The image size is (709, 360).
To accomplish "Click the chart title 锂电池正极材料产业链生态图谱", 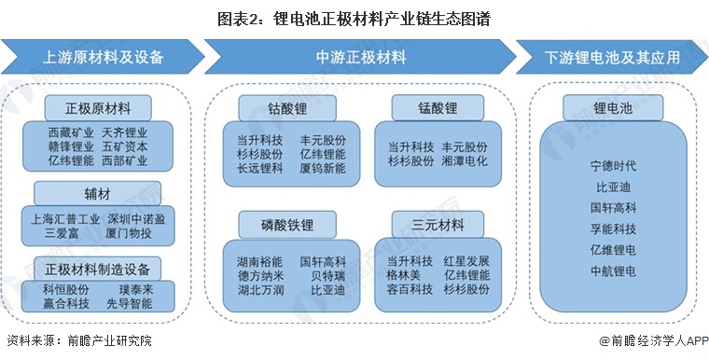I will [354, 18].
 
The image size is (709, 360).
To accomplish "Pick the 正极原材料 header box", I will [99, 103].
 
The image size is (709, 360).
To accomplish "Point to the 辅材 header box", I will [99, 191].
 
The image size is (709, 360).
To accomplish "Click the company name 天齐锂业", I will [125, 132].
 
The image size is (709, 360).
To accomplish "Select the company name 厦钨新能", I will [323, 168].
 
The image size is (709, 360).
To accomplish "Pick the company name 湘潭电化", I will [465, 160].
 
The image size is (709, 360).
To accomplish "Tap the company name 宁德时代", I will [613, 166].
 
